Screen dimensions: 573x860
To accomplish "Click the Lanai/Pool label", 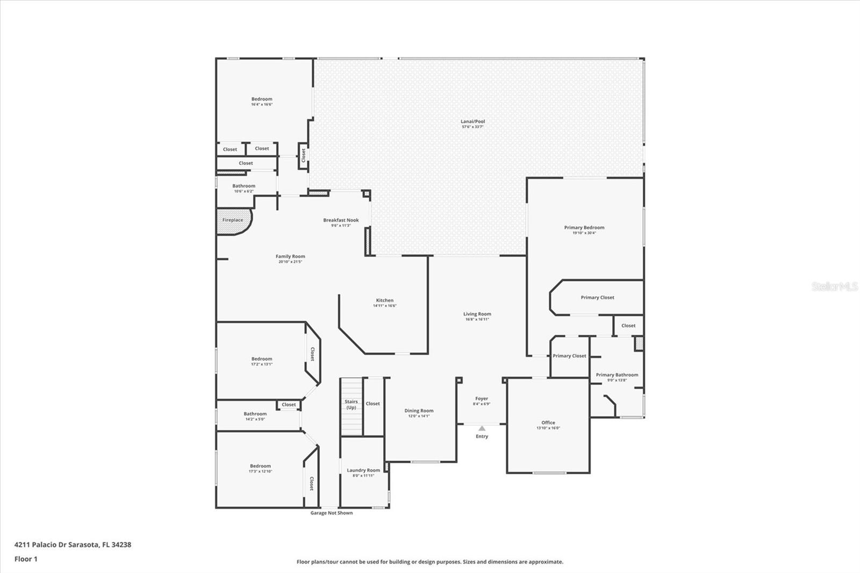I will pos(472,121).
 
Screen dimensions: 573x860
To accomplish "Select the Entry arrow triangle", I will pos(482,428).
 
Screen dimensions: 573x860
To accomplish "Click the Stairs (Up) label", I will pos(351,404).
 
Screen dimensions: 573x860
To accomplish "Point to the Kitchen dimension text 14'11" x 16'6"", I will pos(385,306).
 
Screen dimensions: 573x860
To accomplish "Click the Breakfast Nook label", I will pos(341,220).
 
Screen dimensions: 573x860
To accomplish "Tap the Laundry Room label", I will pos(363,470).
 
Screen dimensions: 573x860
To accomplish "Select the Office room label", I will pos(548,422).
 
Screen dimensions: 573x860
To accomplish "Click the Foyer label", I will pos(482,399).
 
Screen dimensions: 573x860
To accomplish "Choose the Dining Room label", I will pos(419,411).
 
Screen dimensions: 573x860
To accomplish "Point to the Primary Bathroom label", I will pos(617,375).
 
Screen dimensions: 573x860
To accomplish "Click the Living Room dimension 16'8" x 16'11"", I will pos(477,319).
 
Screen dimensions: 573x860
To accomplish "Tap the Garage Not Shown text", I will pos(332,513).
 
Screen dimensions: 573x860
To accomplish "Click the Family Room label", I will pos(290,256).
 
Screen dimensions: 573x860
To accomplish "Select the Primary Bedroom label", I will pos(584,227).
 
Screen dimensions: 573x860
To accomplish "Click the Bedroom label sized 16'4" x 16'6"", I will pos(262,99).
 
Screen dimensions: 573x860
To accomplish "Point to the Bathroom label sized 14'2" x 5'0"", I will pos(255,414).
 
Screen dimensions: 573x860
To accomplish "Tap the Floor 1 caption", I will pos(26,559).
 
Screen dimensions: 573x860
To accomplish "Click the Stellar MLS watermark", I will pos(834,286).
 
